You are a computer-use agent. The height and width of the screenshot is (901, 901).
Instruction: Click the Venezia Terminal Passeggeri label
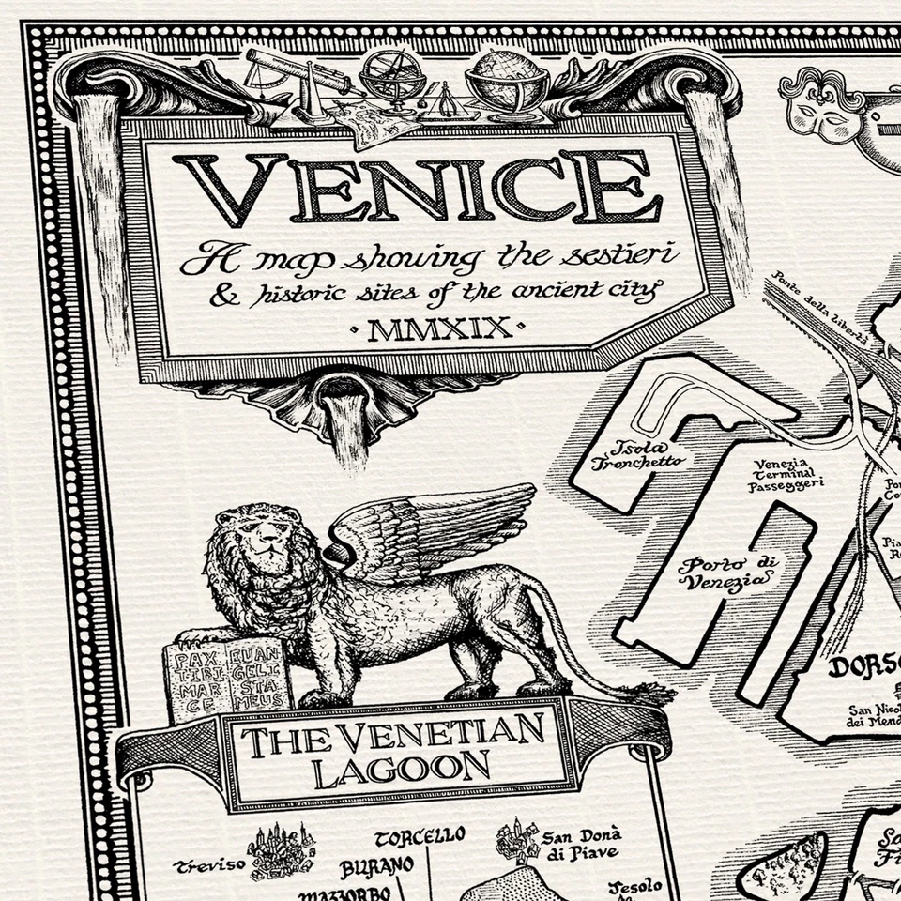[x=786, y=474]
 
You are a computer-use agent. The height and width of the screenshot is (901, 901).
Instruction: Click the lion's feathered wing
[x=432, y=530]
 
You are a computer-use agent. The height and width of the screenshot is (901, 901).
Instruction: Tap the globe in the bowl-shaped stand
[x=507, y=77]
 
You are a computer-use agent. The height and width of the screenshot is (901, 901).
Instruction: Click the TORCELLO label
[x=419, y=835]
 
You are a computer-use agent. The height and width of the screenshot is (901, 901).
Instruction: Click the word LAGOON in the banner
[x=402, y=770]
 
